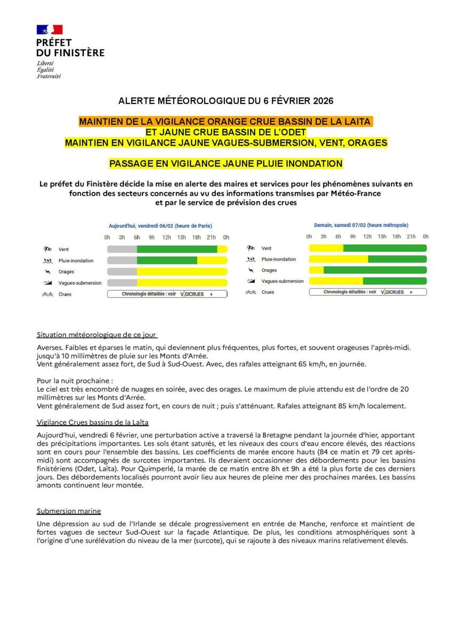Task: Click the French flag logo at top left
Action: point(50,30)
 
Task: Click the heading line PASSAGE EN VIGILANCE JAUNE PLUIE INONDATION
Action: point(225,164)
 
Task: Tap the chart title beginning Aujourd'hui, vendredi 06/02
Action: point(160,226)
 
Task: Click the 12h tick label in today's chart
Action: point(167,237)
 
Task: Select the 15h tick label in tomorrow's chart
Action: point(382,236)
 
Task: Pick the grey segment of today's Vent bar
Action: point(122,249)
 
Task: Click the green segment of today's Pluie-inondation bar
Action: point(167,261)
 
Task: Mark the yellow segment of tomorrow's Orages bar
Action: point(316,270)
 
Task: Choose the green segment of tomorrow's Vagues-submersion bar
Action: point(394,281)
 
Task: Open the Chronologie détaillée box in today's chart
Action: point(167,294)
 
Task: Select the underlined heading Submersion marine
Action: point(69,511)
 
